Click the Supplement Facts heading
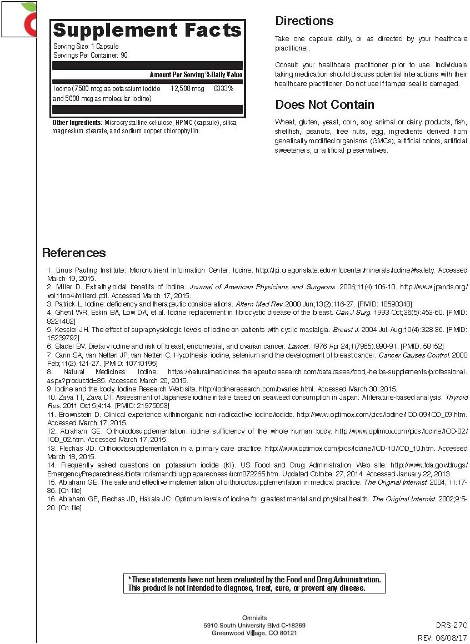[x=147, y=30]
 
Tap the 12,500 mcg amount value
[x=187, y=89]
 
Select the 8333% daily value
[x=224, y=89]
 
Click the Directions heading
[x=304, y=21]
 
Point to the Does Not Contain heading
[x=324, y=105]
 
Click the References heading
[x=74, y=253]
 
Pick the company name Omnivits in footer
[x=254, y=618]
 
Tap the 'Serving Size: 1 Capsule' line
[x=86, y=47]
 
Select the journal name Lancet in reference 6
[x=294, y=346]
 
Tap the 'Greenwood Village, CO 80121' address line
[x=254, y=633]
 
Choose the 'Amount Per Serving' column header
[x=177, y=74]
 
